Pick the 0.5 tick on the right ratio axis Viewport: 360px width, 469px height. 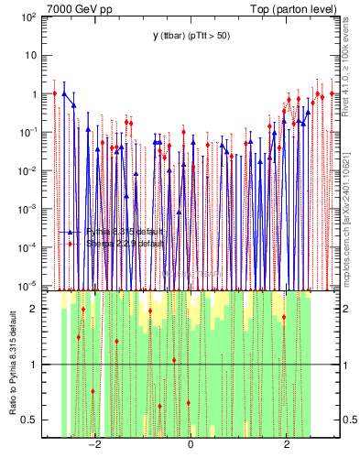[x=346, y=420]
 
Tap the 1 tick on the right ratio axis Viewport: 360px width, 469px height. [x=345, y=365]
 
